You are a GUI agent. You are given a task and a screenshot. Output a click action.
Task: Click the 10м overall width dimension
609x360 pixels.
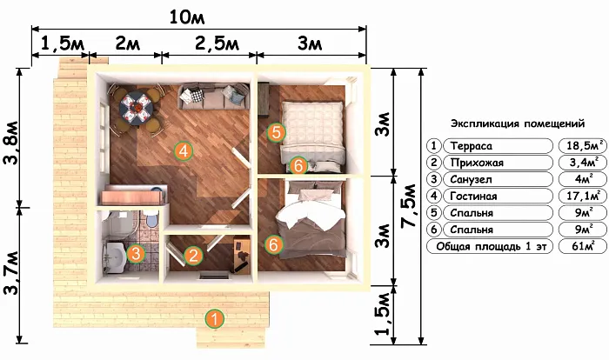click(187, 17)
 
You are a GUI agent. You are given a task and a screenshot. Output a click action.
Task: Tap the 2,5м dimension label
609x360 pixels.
click(217, 43)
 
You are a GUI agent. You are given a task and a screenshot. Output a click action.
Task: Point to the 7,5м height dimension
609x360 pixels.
click(410, 206)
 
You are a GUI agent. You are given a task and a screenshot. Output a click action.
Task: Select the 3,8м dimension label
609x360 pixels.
click(10, 143)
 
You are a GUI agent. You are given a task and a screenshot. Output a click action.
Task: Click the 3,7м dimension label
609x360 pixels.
click(10, 273)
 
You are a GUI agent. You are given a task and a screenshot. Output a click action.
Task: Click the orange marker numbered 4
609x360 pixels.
click(184, 150)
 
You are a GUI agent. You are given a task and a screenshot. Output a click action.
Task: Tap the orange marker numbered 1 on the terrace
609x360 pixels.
click(214, 319)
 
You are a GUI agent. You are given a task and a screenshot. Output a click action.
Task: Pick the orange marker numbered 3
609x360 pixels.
click(136, 254)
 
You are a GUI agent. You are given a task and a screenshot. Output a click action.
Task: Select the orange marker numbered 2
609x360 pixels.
click(193, 256)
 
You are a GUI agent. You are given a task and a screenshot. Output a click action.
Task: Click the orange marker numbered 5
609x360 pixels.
click(276, 132)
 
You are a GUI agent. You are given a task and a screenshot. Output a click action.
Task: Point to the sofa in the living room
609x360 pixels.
click(213, 97)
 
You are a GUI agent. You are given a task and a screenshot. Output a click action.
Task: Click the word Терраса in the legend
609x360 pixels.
click(472, 146)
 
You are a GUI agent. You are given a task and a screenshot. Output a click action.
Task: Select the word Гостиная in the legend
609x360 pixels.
click(473, 197)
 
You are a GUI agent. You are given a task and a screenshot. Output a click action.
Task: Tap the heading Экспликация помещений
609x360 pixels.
click(518, 123)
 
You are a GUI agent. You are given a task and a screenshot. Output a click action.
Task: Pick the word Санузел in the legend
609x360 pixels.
click(472, 179)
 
